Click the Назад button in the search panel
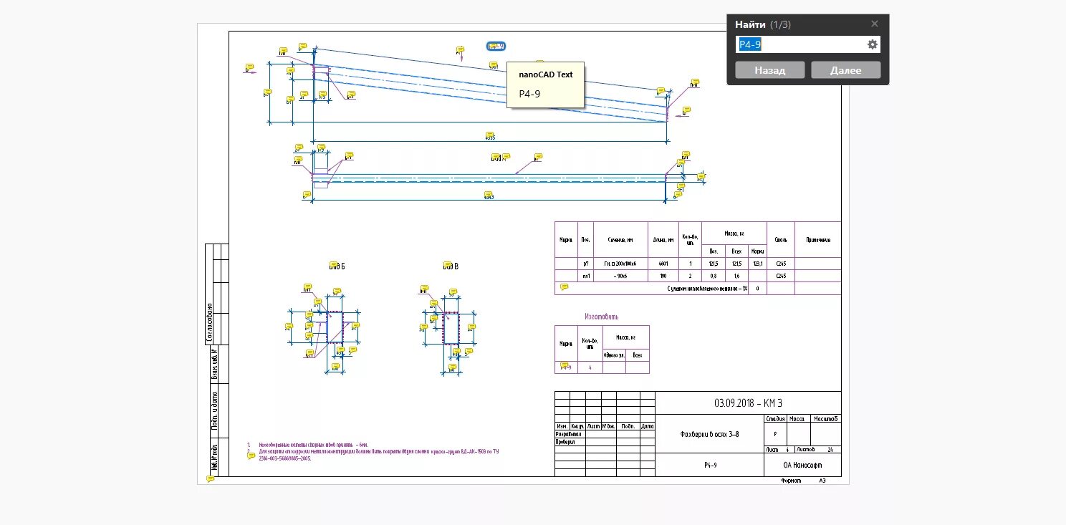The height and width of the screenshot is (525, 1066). point(770,70)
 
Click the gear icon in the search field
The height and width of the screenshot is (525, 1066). point(872,44)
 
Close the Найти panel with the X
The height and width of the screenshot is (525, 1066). point(874,24)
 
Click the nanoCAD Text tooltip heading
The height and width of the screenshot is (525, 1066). point(545,74)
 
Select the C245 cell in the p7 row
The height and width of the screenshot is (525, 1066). point(781,264)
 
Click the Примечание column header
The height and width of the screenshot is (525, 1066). point(817,240)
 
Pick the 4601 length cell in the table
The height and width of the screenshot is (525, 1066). point(663,264)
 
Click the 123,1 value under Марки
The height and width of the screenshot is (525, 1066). point(757,264)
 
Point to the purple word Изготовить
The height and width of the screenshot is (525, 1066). point(601,316)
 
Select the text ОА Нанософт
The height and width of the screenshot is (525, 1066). point(802,465)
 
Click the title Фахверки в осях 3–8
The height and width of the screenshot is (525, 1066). point(709,434)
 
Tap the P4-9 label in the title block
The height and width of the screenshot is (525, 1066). point(710,465)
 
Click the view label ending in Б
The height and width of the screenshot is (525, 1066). point(337,266)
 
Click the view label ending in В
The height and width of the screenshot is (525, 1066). point(450,266)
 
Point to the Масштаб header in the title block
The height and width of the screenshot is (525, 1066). point(826,419)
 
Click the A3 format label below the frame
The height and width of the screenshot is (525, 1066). point(822,481)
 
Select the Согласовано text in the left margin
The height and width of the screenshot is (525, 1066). point(210,322)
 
